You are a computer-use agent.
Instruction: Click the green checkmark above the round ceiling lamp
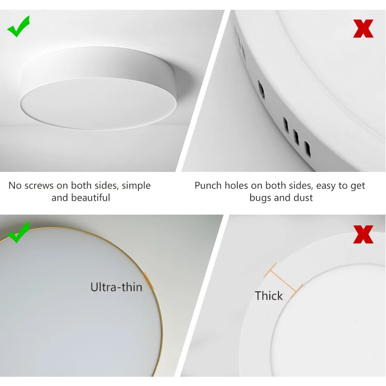point(19,27)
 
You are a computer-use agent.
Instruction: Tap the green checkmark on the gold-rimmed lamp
point(19,233)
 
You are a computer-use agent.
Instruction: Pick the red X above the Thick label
point(363,235)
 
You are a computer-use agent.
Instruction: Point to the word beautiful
point(81,198)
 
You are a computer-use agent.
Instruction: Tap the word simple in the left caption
point(136,186)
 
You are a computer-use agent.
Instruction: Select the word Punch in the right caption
point(208,186)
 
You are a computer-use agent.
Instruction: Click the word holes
point(238,186)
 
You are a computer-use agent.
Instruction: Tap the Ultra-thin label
point(116,287)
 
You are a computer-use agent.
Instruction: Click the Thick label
point(269,296)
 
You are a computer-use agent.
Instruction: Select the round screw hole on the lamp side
point(261,91)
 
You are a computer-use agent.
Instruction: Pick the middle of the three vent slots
point(296,136)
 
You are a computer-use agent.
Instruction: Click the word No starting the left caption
point(14,186)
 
